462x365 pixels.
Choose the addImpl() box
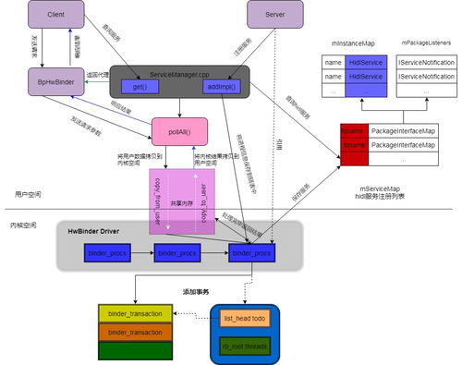[x=223, y=86]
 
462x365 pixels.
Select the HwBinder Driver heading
[x=97, y=228]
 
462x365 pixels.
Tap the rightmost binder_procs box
[x=250, y=250]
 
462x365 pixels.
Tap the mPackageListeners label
[x=426, y=43]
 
